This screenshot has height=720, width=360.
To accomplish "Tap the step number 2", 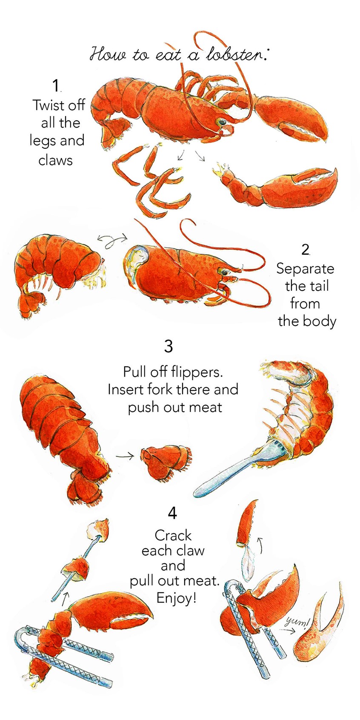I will pyautogui.click(x=305, y=250).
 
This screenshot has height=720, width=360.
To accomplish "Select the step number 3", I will pyautogui.click(x=169, y=346).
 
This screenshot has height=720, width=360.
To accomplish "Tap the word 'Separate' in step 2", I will pyautogui.click(x=305, y=269).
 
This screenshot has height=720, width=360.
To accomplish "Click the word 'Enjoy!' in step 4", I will pyautogui.click(x=176, y=598).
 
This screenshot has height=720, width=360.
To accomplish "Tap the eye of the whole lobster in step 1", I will pyautogui.click(x=221, y=123).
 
